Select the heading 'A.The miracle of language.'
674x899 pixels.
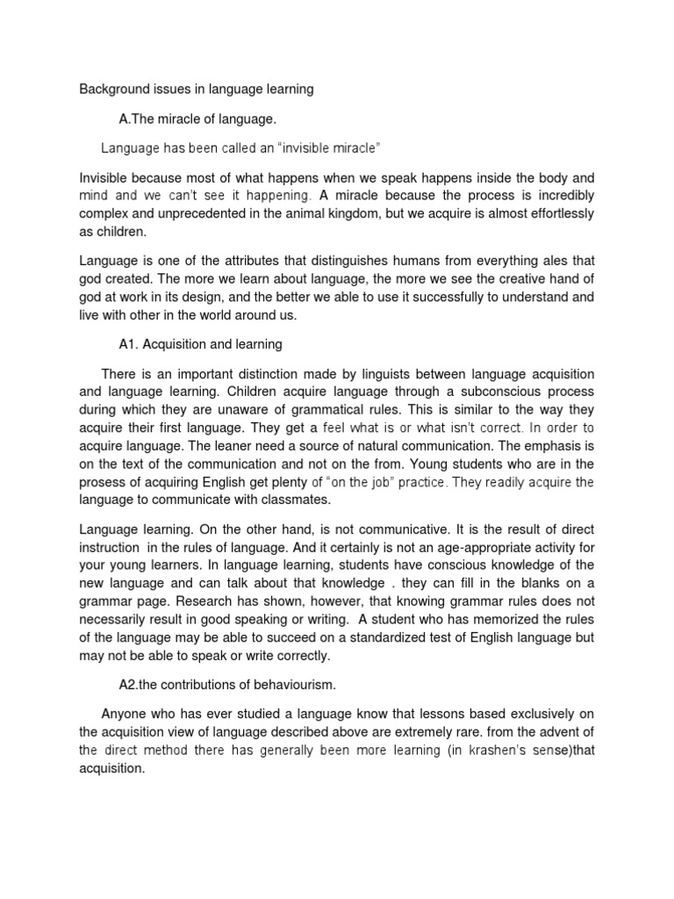(x=197, y=119)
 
